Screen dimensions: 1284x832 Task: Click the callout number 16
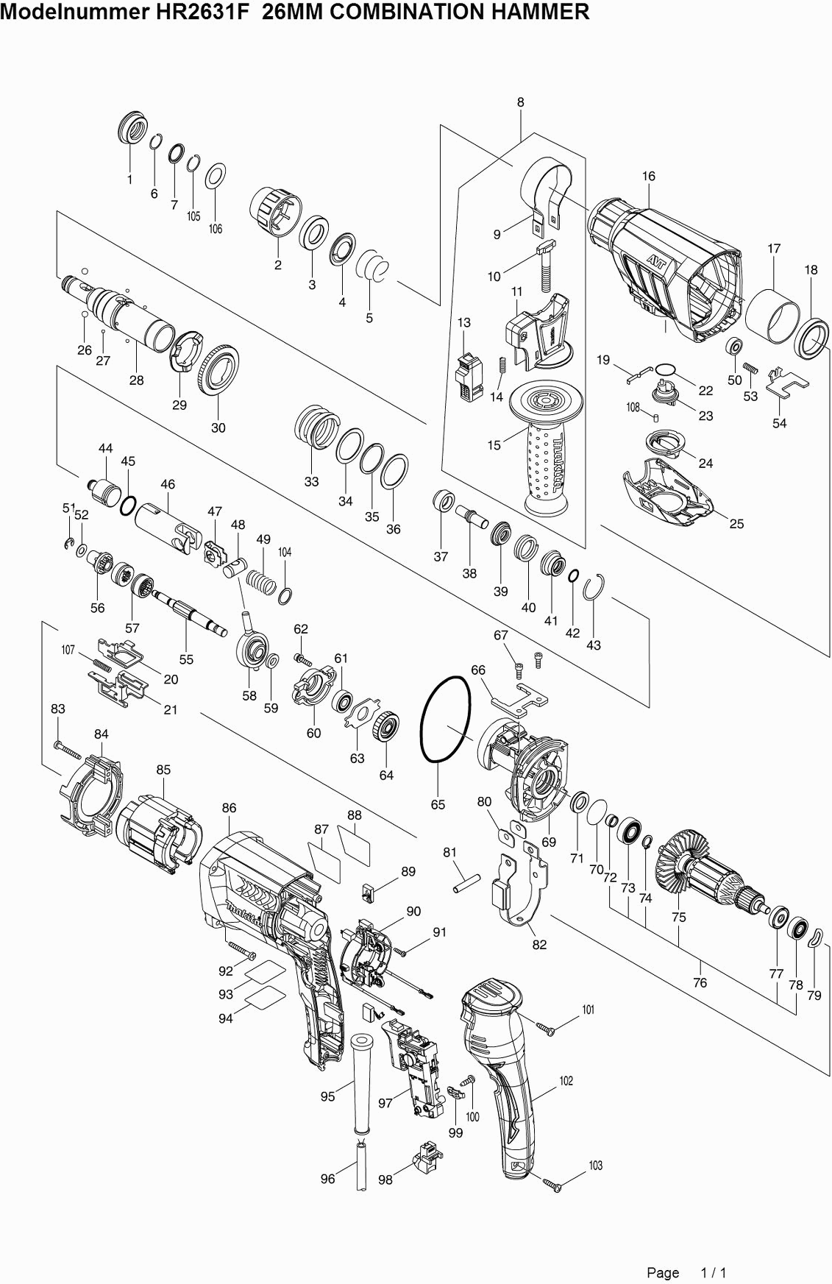[x=648, y=177]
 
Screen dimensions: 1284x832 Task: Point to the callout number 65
[x=438, y=804]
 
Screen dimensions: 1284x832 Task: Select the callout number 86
[x=229, y=808]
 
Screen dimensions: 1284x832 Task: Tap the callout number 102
[x=566, y=1081]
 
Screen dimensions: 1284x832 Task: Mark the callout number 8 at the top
[x=521, y=103]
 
